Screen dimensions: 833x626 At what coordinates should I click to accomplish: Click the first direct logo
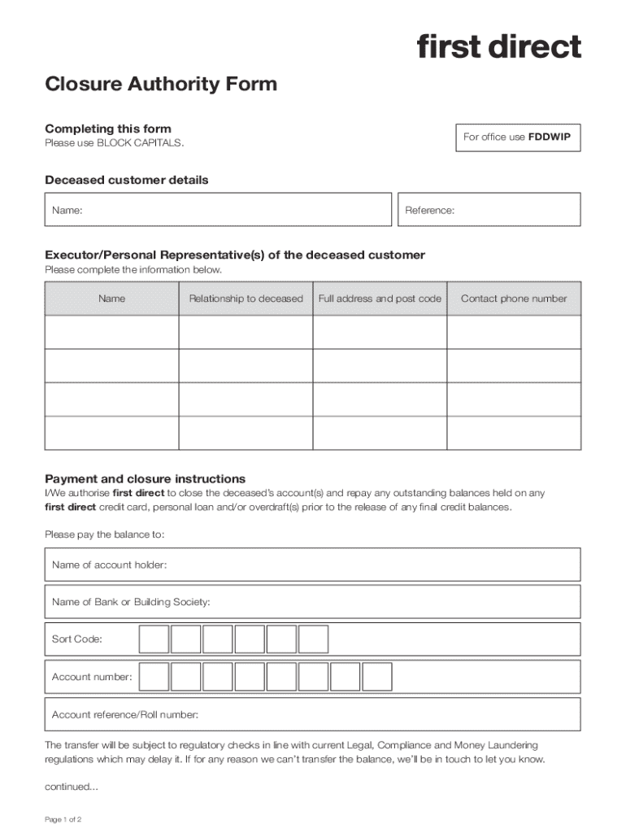[x=499, y=46]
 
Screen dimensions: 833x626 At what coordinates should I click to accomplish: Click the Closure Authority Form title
[x=161, y=84]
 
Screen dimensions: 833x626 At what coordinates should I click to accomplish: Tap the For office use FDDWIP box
[x=516, y=137]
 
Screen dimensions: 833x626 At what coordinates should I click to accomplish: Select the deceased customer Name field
[x=218, y=210]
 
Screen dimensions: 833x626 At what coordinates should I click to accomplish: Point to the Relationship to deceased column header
[x=246, y=299]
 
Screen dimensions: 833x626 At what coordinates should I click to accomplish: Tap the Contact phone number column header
[x=514, y=299]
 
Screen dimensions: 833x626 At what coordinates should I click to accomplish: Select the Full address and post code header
[x=380, y=299]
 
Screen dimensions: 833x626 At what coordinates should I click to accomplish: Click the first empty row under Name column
[x=111, y=332]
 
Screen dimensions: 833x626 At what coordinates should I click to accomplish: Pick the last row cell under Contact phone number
[x=514, y=433]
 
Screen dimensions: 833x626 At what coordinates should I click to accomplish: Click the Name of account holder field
[x=312, y=565]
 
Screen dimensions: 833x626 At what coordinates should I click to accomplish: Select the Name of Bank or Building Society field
[x=312, y=602]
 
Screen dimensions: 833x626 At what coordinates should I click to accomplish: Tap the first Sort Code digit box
[x=154, y=639]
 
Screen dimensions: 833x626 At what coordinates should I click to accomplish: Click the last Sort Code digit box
[x=313, y=639]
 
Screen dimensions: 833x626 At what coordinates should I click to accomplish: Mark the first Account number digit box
[x=154, y=677]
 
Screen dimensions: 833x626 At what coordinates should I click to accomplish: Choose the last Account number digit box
[x=377, y=677]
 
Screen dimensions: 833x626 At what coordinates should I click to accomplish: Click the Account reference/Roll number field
[x=312, y=714]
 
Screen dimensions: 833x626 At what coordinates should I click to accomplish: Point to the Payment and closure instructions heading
[x=145, y=479]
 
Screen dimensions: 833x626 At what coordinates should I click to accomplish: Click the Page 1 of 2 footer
[x=63, y=819]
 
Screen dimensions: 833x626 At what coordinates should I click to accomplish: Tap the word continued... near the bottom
[x=71, y=787]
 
